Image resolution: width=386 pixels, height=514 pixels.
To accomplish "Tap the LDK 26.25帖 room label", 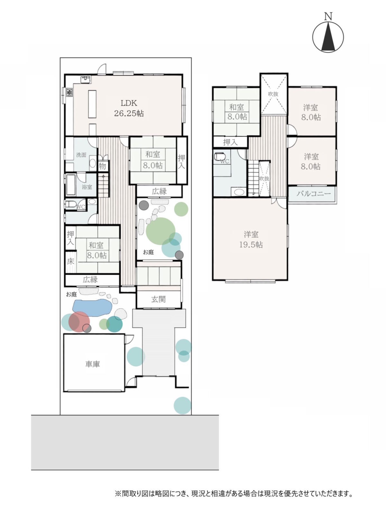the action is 129,108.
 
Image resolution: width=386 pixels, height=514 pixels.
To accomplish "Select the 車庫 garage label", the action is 93,364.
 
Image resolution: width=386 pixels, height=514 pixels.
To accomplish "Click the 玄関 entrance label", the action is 159,299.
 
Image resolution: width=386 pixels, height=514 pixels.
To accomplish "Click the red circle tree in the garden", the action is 79,322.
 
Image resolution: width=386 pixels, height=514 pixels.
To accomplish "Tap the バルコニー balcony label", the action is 314,194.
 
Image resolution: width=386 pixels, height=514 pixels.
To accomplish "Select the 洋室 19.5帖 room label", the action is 251,239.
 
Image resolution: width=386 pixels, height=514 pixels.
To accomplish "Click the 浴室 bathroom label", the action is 87,187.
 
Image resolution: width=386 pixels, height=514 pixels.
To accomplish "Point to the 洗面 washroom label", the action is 81,155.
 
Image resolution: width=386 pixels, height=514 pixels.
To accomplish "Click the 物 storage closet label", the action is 102,166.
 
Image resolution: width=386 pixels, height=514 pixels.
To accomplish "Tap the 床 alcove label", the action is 70,261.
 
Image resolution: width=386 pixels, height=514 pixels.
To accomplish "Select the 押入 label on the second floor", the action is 230,142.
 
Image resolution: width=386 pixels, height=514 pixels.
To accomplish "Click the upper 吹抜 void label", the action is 273,94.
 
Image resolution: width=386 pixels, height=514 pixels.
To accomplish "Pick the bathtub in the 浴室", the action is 70,185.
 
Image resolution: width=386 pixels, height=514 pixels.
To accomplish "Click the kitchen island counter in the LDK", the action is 92,104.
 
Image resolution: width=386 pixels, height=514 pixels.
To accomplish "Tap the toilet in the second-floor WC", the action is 220,156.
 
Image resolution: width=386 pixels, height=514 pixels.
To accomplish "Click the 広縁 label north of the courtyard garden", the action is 159,191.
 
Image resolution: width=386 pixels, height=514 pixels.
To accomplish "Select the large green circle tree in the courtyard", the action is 161,231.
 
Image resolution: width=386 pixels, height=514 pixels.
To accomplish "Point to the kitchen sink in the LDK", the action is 86,79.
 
